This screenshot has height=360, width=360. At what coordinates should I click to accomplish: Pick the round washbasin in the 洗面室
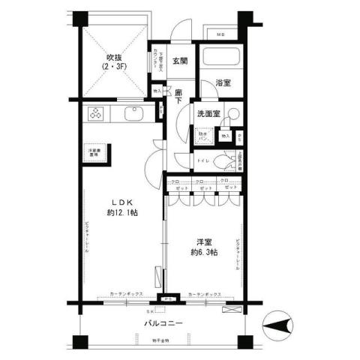[234, 115]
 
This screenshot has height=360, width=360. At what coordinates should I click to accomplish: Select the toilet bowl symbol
[223, 160]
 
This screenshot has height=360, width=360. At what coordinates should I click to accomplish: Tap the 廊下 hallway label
[179, 95]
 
